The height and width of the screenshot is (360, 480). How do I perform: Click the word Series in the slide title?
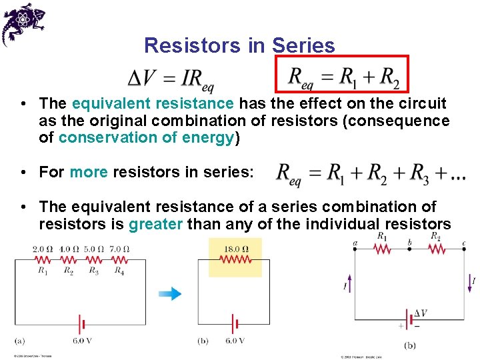(x=304, y=45)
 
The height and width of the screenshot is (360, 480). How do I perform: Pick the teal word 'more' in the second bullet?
(x=89, y=172)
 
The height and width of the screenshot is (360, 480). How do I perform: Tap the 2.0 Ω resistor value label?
(x=43, y=249)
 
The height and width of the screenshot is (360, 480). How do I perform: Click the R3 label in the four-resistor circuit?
(x=93, y=270)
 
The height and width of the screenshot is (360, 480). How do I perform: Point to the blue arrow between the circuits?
(x=171, y=293)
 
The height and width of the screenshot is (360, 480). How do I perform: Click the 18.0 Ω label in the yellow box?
(x=235, y=249)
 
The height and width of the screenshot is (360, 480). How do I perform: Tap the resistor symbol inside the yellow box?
(x=235, y=260)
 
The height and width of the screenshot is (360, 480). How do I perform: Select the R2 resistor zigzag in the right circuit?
(x=437, y=249)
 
